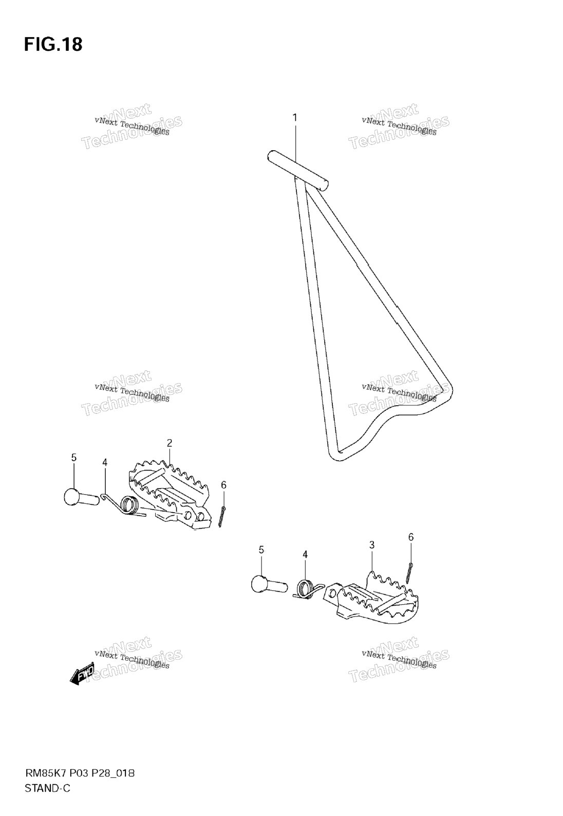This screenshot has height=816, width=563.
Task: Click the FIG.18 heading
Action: coord(53,45)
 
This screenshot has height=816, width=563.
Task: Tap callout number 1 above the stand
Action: coord(295,118)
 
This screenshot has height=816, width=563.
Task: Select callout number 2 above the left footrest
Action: coord(169,443)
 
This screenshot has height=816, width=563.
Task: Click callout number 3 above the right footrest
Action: coord(371,545)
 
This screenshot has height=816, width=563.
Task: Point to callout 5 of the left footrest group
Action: coord(74,458)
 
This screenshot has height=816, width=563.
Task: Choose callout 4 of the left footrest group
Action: coord(105,463)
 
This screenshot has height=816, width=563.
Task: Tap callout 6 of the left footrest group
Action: coord(223,485)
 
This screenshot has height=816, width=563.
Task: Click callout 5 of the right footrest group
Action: coord(261,550)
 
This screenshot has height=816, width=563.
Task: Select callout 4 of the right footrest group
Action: coord(305,554)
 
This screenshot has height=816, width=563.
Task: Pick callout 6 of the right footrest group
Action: coord(411,537)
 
